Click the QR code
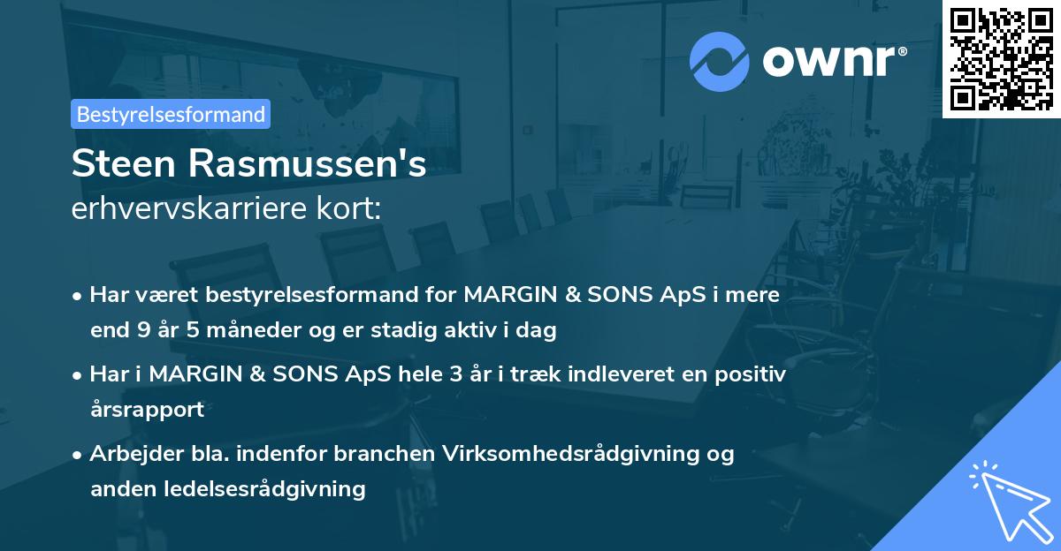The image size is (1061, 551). [x=1001, y=58]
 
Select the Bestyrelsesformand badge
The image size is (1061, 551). [x=171, y=114]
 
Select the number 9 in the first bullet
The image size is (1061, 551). [x=143, y=331]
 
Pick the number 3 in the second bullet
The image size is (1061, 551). [x=456, y=374]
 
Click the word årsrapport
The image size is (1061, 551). [x=147, y=409]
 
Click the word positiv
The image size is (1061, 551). [x=752, y=374]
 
